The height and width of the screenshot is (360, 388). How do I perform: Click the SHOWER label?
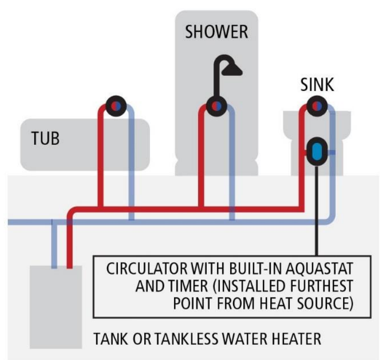(216, 33)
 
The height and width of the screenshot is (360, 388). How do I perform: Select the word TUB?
(45, 138)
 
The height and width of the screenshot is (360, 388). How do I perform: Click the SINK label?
(317, 85)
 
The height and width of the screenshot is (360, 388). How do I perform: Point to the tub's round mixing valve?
(116, 105)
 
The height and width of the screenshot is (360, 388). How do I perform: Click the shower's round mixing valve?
(216, 106)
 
